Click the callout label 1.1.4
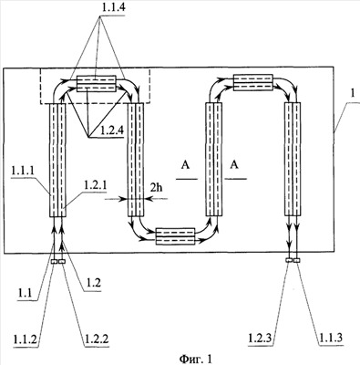coord(113,8)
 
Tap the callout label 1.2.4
coord(111,131)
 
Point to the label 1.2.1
coord(95,185)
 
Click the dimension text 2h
coord(156,188)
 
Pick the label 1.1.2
coord(26,339)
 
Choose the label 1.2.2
coord(96,339)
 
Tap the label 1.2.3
coord(261,338)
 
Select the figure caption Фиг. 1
coord(195,359)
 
